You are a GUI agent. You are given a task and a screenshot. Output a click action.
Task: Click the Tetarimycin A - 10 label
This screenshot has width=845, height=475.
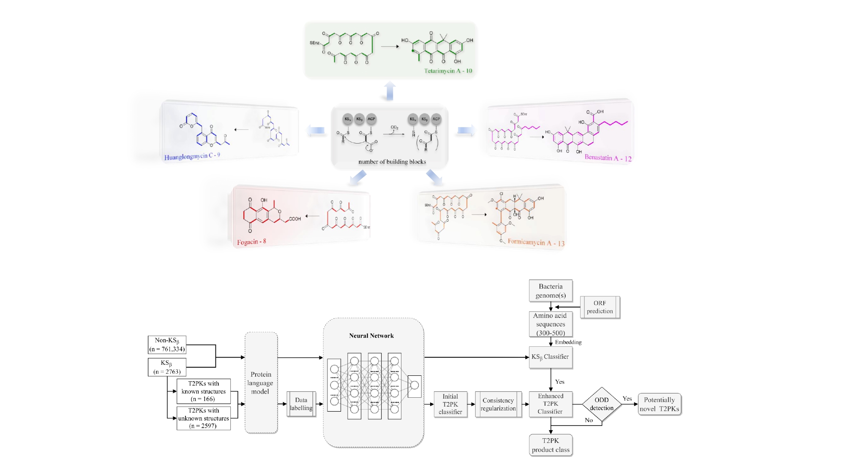click(448, 71)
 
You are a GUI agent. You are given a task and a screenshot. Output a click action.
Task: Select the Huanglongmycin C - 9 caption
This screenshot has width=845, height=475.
click(192, 156)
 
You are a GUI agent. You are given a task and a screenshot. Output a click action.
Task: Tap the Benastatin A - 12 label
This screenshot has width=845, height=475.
click(608, 158)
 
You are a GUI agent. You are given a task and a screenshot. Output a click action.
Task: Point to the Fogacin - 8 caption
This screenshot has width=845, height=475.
click(251, 242)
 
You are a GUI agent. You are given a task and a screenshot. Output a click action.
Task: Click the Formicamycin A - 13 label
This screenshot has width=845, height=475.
click(536, 242)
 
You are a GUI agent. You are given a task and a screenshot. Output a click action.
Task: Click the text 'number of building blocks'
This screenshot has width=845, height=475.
click(392, 162)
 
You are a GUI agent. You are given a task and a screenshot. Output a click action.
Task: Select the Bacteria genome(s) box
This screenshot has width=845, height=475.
click(551, 290)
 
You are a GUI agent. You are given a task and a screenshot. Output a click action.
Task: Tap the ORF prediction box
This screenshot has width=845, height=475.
click(600, 307)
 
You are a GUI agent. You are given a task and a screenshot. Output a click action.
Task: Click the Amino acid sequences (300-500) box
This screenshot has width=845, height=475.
click(551, 324)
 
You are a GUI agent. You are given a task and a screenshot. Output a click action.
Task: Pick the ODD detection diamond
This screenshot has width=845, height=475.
click(602, 404)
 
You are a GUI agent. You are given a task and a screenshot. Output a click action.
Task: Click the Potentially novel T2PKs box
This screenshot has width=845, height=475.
click(659, 404)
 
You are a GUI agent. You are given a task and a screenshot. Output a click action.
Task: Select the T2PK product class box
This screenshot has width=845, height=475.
click(551, 445)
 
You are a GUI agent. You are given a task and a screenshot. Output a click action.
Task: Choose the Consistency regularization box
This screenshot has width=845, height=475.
click(498, 404)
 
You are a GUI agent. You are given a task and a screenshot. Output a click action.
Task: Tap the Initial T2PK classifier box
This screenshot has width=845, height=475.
click(450, 404)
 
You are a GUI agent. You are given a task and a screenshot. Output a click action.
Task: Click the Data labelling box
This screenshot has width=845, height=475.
click(301, 404)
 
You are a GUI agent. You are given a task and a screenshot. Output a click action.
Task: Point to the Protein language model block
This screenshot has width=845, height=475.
click(261, 383)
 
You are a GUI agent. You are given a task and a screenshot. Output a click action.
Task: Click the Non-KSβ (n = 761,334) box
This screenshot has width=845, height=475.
click(167, 345)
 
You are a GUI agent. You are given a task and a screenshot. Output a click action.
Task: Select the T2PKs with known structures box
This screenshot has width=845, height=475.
click(204, 391)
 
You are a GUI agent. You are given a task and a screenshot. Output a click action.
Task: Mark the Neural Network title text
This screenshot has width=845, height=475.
click(371, 336)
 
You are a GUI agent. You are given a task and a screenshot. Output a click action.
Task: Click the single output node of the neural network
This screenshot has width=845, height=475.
click(414, 385)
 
